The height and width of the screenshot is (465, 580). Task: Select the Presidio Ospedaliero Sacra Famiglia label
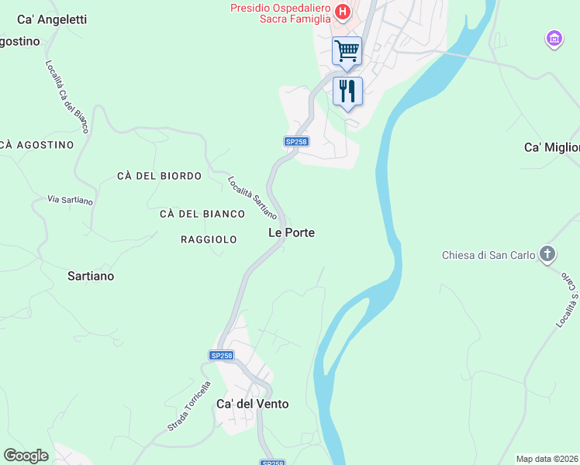pyautogui.click(x=280, y=13)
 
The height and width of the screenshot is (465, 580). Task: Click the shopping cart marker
pyautogui.click(x=347, y=51)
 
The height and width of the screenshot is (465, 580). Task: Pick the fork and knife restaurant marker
pyautogui.click(x=347, y=91)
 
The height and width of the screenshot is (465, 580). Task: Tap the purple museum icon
pyautogui.click(x=554, y=38)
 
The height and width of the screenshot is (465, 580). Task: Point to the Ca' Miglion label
pyautogui.click(x=551, y=147)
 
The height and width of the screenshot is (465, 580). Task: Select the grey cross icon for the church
pyautogui.click(x=547, y=254)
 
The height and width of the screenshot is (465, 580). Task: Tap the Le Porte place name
pyautogui.click(x=291, y=232)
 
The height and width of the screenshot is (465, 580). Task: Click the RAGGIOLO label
pyautogui.click(x=209, y=239)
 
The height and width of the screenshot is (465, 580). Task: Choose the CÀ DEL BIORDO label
pyautogui.click(x=159, y=176)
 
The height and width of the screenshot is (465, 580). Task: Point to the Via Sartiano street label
pyautogui.click(x=70, y=200)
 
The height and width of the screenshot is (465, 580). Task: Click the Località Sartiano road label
pyautogui.click(x=252, y=198)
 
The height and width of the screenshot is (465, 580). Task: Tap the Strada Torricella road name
pyautogui.click(x=189, y=406)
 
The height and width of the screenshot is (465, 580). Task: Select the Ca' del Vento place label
pyautogui.click(x=252, y=404)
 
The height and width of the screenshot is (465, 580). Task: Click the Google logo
pyautogui.click(x=26, y=455)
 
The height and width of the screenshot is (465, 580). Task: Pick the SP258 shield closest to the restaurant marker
pyautogui.click(x=296, y=141)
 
